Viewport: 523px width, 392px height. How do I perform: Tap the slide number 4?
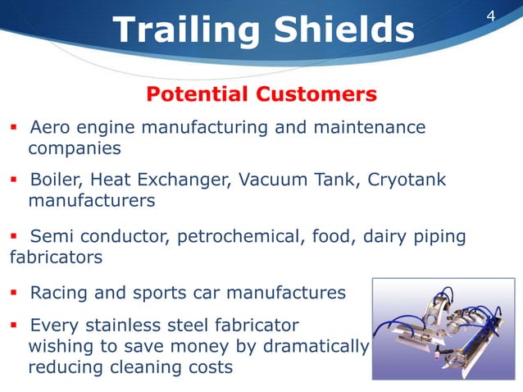492,16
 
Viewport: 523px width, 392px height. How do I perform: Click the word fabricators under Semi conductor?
56,258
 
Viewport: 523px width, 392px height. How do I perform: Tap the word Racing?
58,294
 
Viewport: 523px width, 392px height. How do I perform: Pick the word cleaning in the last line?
143,367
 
